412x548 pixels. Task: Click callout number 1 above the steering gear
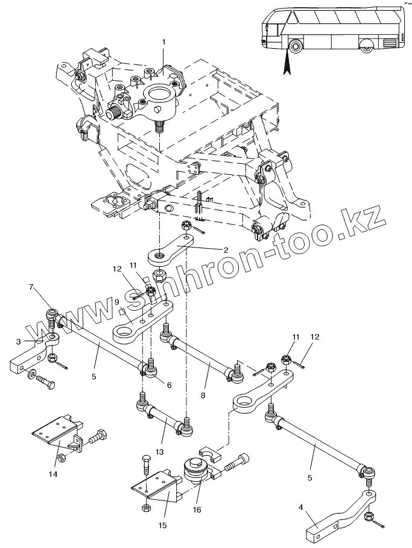(x=162, y=42)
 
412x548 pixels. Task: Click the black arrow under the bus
(x=287, y=61)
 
